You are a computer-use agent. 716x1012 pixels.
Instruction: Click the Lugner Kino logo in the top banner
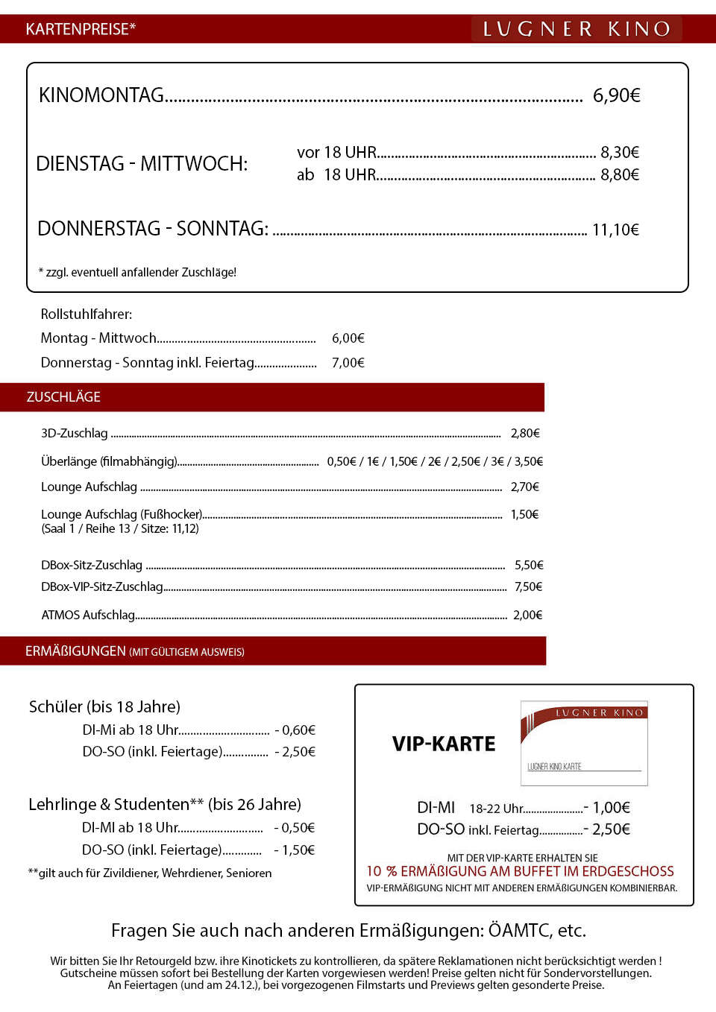point(577,29)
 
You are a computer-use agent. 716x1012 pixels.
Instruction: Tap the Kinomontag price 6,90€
point(616,95)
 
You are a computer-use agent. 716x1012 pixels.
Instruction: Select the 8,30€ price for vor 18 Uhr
point(620,153)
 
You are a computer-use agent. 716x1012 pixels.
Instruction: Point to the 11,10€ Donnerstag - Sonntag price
point(615,230)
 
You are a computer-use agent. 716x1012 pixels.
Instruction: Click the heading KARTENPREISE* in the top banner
point(81,29)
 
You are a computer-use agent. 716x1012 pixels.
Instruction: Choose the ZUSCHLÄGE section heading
point(63,397)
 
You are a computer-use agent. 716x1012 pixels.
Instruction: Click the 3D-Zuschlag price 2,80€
point(525,433)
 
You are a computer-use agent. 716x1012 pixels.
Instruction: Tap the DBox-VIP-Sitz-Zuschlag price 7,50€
point(528,586)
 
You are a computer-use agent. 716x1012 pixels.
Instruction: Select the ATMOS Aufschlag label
point(88,615)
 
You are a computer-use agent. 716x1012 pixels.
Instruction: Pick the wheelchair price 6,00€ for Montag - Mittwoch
point(348,338)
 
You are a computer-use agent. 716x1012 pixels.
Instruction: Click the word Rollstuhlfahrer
point(86,314)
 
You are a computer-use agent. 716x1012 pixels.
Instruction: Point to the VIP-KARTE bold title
point(444,744)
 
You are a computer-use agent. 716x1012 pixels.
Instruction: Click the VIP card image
point(584,743)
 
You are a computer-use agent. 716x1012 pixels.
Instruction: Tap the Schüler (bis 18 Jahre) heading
point(104,706)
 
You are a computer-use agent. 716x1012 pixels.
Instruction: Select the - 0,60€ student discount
point(295,730)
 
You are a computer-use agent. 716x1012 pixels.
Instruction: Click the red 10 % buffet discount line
point(520,871)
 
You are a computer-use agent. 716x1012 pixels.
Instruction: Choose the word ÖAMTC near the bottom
point(521,930)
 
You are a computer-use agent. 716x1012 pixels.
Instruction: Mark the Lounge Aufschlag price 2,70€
point(524,487)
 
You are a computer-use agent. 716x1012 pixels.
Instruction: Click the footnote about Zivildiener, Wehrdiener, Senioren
point(150,873)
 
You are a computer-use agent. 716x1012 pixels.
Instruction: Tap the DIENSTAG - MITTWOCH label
point(142,164)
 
